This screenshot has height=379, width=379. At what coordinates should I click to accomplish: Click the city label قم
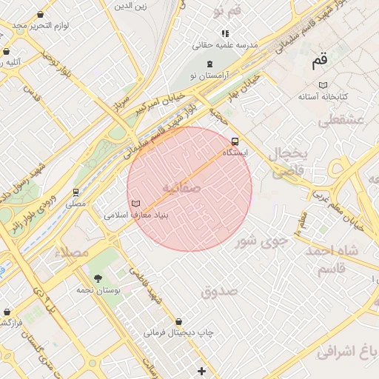pyautogui.click(x=319, y=62)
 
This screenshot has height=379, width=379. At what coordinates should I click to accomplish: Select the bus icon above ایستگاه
pyautogui.click(x=235, y=141)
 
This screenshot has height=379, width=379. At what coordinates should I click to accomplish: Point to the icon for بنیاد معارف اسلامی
pyautogui.click(x=135, y=203)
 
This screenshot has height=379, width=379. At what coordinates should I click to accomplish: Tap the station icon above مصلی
pyautogui.click(x=76, y=192)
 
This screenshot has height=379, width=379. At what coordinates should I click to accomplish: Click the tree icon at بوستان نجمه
pyautogui.click(x=98, y=278)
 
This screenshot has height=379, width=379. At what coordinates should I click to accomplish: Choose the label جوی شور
pyautogui.click(x=256, y=241)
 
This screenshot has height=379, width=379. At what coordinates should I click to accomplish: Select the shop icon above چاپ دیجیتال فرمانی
pyautogui.click(x=179, y=321)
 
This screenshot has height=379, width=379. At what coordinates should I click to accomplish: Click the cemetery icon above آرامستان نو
pyautogui.click(x=210, y=64)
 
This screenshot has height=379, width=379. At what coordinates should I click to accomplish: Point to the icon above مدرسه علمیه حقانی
pyautogui.click(x=225, y=33)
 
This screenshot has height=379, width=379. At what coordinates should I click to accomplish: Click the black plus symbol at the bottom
pyautogui.click(x=201, y=370)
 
